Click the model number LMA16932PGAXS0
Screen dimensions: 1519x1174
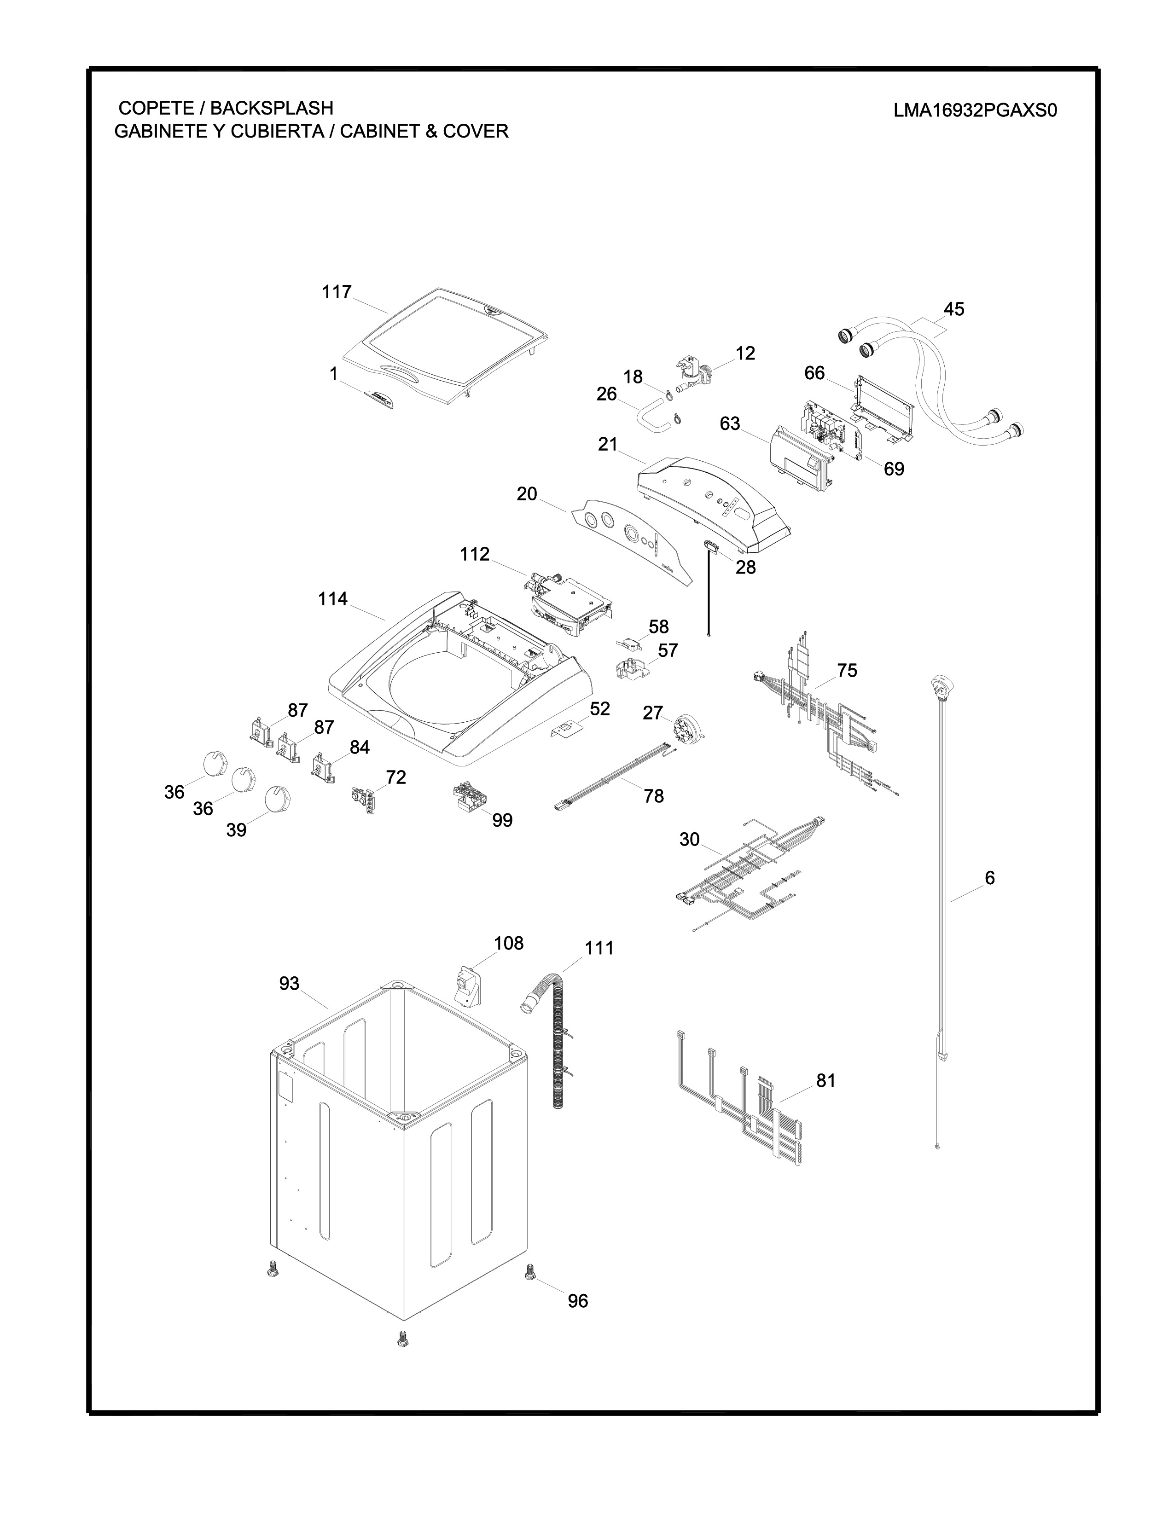975,111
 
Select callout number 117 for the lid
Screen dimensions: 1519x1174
337,292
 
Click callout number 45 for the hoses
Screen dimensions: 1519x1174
953,309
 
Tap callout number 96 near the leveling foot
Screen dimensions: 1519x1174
577,1301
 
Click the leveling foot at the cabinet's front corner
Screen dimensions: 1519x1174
401,1338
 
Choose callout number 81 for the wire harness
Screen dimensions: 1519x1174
825,1081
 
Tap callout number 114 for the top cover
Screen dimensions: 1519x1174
332,599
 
